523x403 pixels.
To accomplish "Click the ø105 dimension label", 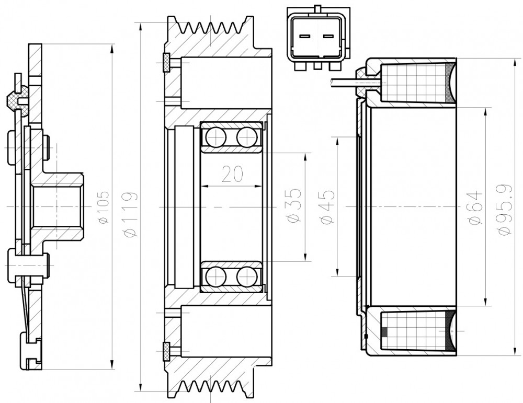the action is (104, 207).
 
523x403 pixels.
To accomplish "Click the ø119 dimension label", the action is (130, 214).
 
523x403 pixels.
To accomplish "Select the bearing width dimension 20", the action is (232, 174).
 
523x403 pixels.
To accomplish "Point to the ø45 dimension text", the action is (326, 207).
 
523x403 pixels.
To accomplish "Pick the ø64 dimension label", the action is (475, 207).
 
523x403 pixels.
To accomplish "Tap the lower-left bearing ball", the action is (216, 277).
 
